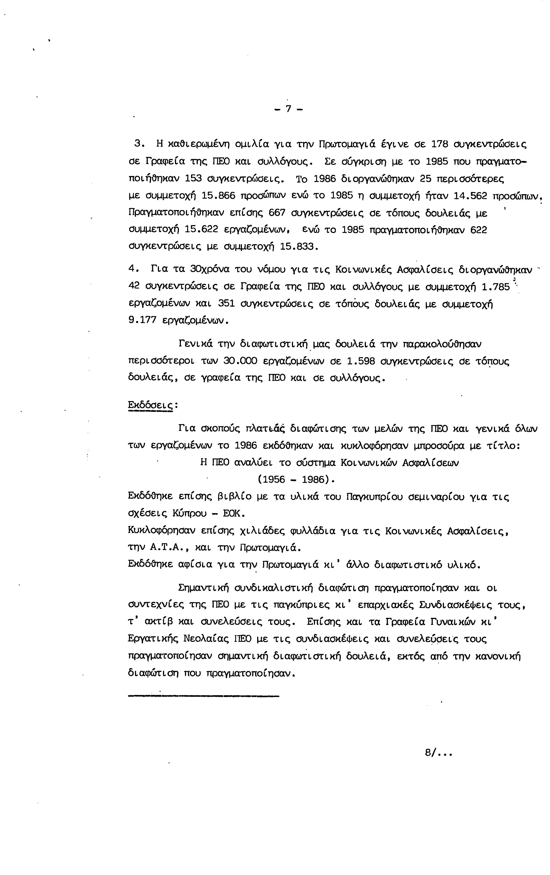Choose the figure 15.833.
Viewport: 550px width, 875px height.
(x=298, y=247)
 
